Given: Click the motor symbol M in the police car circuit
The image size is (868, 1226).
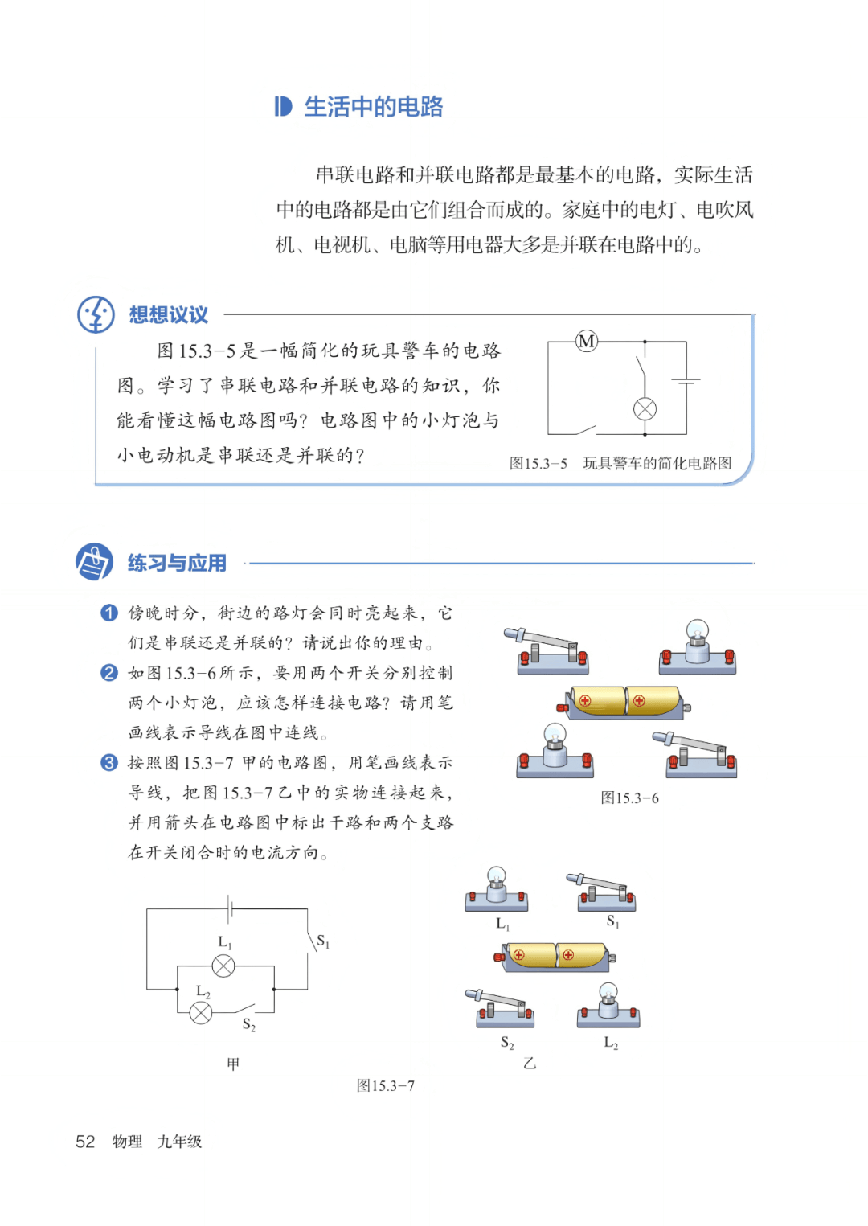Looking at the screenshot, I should [x=587, y=341].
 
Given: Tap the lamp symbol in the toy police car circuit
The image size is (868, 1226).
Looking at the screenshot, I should [x=645, y=408].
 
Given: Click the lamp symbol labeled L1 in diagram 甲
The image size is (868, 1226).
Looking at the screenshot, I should [x=223, y=966].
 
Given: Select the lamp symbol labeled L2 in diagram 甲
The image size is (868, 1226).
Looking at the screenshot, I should [x=201, y=1012].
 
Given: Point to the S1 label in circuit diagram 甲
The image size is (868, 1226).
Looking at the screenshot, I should [x=323, y=941].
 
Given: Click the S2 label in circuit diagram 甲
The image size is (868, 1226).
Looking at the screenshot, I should [x=249, y=1025].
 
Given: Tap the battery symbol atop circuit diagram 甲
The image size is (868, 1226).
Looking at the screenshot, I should [x=230, y=908].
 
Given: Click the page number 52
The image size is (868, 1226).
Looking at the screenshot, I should [x=85, y=1142].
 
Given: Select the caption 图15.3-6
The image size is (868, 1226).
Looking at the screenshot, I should [x=629, y=798].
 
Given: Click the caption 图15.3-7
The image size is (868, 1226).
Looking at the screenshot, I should [x=386, y=1086].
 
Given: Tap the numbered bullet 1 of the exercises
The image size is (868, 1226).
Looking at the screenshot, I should [x=109, y=613].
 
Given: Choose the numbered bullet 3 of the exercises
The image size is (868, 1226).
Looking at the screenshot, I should [x=109, y=762].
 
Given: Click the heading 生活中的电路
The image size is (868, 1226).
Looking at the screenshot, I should [x=373, y=107].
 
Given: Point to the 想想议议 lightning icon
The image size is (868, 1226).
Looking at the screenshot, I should [x=96, y=314].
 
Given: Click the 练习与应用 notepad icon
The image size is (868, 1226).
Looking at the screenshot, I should [x=94, y=561].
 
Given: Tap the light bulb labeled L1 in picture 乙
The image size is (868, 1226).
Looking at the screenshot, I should [x=497, y=889].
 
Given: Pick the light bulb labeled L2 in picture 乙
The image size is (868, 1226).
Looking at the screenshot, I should [x=608, y=1005].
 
